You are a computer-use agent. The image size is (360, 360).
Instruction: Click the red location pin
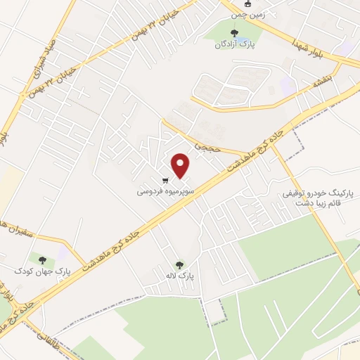coord(181,165)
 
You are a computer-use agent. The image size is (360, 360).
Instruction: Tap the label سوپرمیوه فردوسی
coord(162,190)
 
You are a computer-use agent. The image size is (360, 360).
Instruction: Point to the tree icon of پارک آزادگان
coord(234,32)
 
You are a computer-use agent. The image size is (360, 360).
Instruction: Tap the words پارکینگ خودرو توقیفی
coord(312,192)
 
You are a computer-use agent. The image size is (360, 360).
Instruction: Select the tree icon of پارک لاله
coord(179,265)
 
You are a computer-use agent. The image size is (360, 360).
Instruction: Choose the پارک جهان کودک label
coord(43,271)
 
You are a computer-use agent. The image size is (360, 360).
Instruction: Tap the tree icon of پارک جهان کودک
coord(42,259)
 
